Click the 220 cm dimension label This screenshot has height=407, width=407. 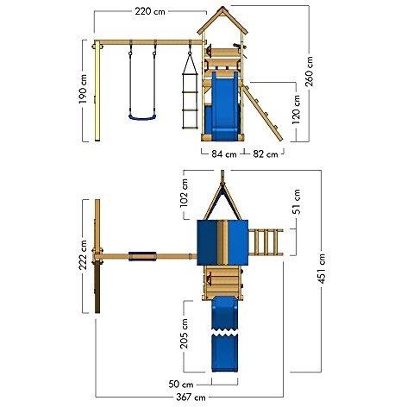(x=150, y=11)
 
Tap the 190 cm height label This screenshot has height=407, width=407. (x=83, y=89)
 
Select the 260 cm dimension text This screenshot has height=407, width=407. (x=310, y=72)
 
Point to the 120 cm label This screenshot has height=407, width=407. (x=296, y=110)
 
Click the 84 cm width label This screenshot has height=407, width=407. (x=224, y=154)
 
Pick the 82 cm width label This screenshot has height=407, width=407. (x=266, y=154)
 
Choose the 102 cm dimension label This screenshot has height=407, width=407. (x=184, y=193)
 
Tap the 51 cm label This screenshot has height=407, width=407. (x=297, y=202)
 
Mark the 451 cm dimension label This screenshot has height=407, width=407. (x=322, y=268)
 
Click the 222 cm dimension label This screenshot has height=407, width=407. (x=83, y=255)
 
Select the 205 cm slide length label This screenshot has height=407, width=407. (x=184, y=334)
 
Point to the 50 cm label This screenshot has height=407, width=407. (x=181, y=384)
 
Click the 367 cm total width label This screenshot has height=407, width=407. (x=191, y=398)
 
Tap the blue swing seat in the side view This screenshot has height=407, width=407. (x=142, y=117)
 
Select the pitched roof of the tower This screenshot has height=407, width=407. (x=222, y=20)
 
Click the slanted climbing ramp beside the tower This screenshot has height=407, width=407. (x=262, y=112)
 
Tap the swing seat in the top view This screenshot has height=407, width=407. (x=142, y=256)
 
